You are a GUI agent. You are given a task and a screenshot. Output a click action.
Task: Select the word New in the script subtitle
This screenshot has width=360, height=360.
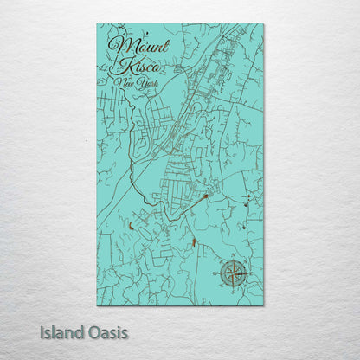pos(124,83)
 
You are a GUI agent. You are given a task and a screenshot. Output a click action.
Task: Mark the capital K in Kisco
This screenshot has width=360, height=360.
pos(119,64)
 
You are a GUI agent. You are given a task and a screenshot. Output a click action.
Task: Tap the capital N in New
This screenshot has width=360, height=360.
pos(118,82)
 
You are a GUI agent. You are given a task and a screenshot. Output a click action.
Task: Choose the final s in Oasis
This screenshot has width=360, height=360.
pos(125,332)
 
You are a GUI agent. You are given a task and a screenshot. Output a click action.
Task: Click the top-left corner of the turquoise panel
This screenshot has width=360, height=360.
pos(97,24)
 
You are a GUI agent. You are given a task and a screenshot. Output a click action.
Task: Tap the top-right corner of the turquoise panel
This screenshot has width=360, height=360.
pos(264,24)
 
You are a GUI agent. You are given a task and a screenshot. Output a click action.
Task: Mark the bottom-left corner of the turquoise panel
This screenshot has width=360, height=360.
pos(97,306)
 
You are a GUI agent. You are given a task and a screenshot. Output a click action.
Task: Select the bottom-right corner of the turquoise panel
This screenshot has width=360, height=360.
pos(264,306)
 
